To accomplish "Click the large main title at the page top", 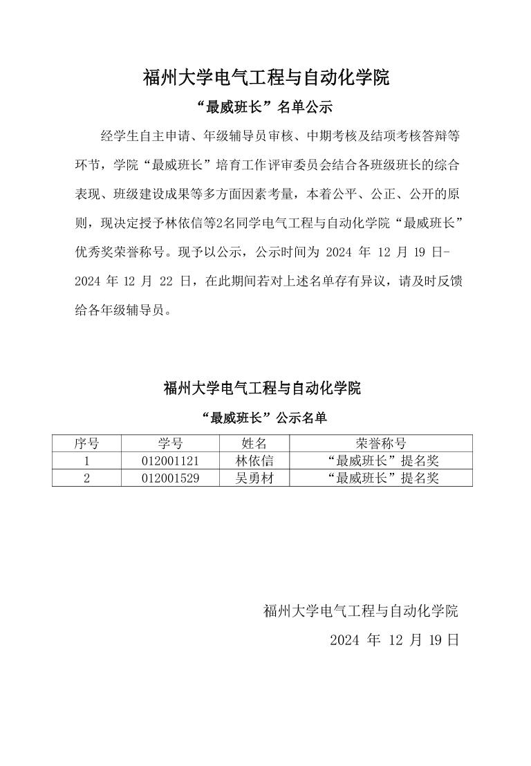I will coord(265,77).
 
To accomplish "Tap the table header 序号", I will coord(86,443).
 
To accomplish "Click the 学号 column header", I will coord(170,443).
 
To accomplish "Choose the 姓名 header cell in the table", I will coord(254,443).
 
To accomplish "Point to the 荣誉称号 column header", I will coord(381,443).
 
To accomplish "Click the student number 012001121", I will coord(170,460).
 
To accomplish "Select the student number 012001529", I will coord(170,478).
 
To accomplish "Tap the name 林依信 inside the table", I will coord(254,460).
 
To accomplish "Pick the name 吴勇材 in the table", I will coord(254,478).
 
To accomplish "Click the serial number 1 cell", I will coord(86,460).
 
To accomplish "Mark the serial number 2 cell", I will coord(86,478).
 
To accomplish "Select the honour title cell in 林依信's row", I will coord(381,460).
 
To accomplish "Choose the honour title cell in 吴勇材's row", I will coord(381,478).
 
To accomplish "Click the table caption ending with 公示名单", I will coord(263,418).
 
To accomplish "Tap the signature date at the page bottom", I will coord(394,639).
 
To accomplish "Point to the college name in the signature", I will coord(360,610).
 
